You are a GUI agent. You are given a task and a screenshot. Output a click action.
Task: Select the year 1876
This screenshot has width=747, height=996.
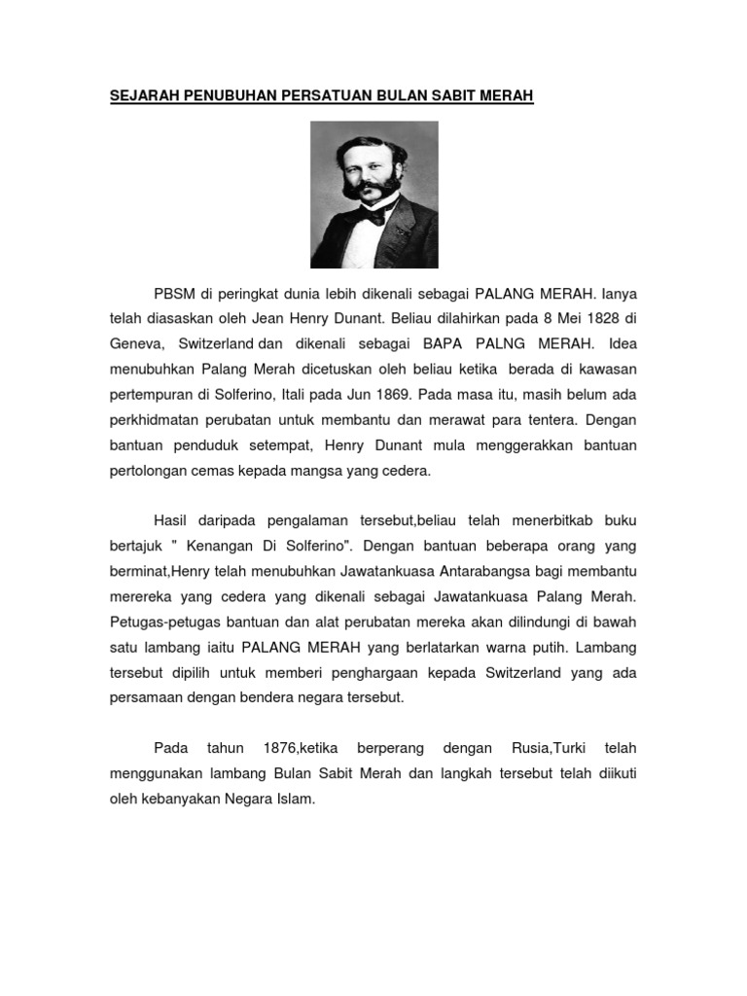coord(280,748)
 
